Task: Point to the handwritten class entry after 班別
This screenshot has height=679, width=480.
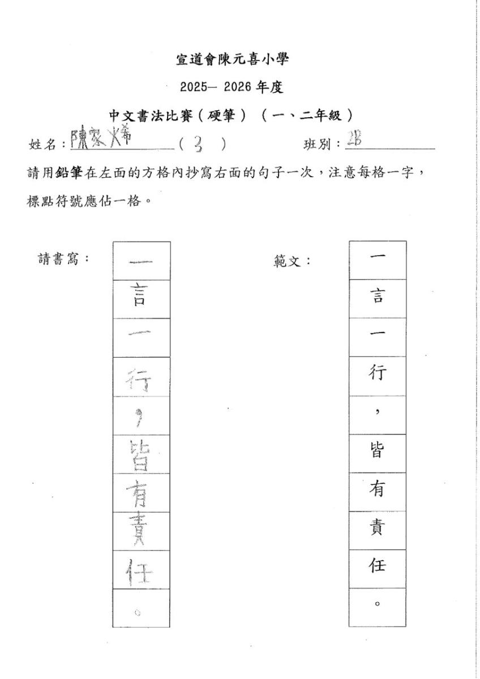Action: click(357, 141)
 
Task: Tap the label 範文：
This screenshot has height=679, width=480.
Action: click(292, 261)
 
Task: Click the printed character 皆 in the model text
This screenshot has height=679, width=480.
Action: click(377, 453)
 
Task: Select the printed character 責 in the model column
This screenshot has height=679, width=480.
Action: click(377, 530)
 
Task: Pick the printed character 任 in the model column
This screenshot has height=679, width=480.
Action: click(377, 568)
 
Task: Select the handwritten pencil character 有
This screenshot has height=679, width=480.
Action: click(141, 492)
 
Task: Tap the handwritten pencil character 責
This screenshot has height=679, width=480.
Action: click(141, 531)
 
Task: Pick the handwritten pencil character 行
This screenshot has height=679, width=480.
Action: click(141, 378)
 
